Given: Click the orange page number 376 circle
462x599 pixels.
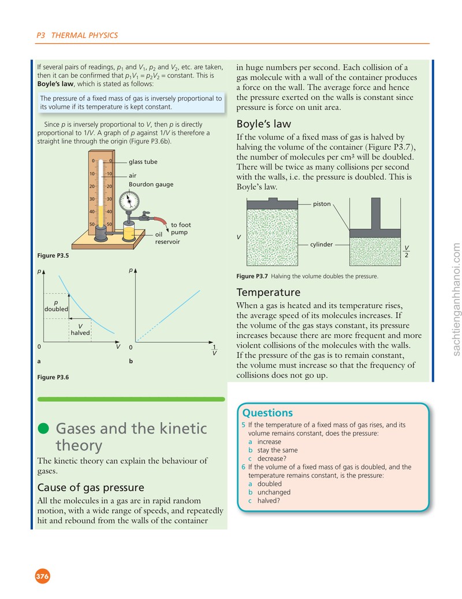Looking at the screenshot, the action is [42, 576].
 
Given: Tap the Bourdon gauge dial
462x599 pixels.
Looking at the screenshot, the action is [129, 201].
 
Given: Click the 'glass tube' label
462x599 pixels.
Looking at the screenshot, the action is [143, 161].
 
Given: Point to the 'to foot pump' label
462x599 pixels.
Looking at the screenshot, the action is [181, 228].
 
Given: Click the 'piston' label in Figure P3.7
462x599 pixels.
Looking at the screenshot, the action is [322, 204].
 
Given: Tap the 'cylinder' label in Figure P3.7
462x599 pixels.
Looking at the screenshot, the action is [321, 244].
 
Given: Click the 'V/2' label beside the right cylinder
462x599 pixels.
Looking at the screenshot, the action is [407, 252].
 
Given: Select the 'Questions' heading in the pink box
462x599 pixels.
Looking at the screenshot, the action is [267, 413].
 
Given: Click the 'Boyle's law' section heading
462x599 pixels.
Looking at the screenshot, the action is [263, 124].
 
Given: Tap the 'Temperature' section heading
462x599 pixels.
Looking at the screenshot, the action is [268, 292].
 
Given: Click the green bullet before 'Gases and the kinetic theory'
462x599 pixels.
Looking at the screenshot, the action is [43, 428].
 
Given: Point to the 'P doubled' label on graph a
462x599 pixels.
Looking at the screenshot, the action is [56, 306].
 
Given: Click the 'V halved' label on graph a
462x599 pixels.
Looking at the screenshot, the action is [80, 330].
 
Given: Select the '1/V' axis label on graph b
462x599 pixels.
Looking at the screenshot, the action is [214, 350].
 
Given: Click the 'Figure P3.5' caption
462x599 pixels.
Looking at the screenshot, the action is [53, 256].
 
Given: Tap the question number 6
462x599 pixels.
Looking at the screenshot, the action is [243, 467].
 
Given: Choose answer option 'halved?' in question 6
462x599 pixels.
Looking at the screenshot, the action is [269, 501].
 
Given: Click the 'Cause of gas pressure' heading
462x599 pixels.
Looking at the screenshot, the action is [91, 487].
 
